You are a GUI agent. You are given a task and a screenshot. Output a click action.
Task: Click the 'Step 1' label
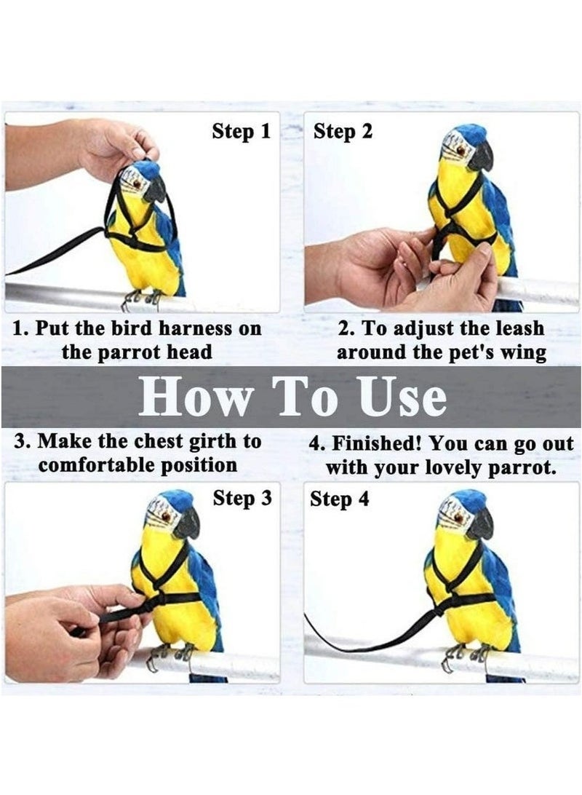[x=241, y=132]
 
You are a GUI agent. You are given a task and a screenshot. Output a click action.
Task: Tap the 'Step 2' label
[x=343, y=132]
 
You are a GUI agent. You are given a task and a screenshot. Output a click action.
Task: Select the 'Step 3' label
[x=242, y=499]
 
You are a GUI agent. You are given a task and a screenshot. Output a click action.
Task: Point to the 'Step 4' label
[x=340, y=500]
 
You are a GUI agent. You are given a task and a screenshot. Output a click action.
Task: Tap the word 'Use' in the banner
[x=402, y=397]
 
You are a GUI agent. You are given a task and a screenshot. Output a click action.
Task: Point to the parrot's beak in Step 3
[x=188, y=523]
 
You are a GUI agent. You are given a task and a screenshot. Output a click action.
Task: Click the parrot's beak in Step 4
[x=481, y=523]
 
